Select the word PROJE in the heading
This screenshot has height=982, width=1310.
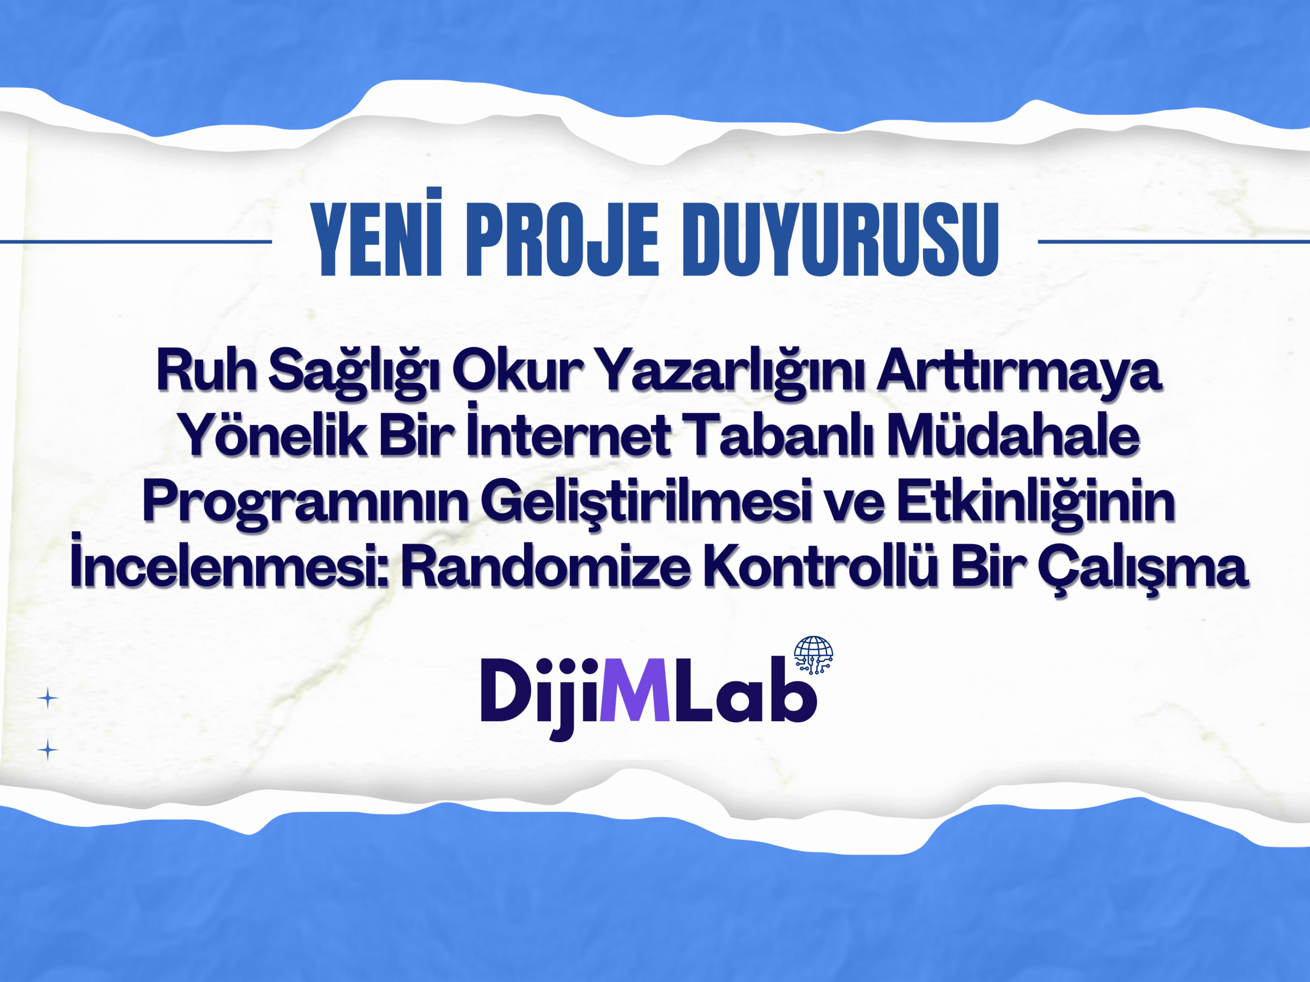[562, 240]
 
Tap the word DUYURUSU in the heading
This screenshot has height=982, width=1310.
[841, 240]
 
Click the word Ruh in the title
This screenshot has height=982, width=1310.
[206, 371]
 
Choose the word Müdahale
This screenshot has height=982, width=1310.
[1013, 435]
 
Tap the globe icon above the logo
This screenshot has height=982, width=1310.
[813, 655]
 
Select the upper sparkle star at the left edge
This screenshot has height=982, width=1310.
[48, 699]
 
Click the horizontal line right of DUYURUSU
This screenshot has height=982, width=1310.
[1174, 241]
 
